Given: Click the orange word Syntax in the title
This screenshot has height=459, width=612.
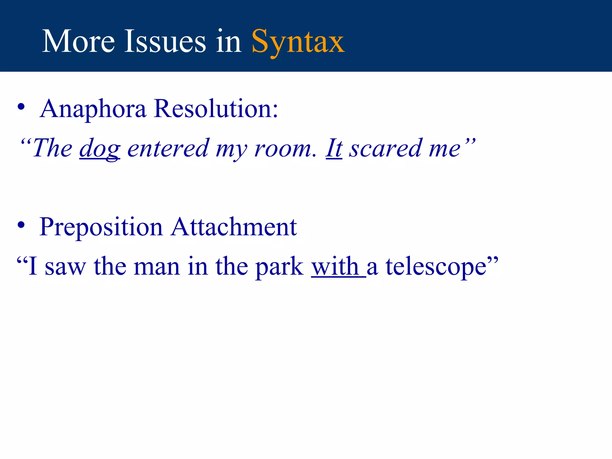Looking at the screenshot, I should tap(298, 42).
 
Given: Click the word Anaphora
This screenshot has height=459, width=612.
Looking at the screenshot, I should tap(93, 109).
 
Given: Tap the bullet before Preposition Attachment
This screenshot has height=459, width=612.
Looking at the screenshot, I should tap(21, 225).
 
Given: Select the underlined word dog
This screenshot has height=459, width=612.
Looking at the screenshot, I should tap(100, 149).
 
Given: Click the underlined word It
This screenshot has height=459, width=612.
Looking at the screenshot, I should tap(334, 148).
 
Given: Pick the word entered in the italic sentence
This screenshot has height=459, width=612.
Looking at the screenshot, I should tap(168, 148).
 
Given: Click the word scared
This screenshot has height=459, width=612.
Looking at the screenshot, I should tap(386, 148).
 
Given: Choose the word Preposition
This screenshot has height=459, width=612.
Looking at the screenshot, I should tap(101, 227).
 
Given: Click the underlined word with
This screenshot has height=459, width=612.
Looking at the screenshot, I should tap(335, 266).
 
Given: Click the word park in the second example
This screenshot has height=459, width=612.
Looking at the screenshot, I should tap(279, 267).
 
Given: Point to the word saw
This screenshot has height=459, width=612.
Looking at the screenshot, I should tap(65, 267).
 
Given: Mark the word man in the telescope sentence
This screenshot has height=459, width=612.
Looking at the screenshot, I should tap(157, 267).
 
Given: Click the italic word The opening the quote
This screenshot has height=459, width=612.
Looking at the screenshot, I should tap(52, 148).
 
